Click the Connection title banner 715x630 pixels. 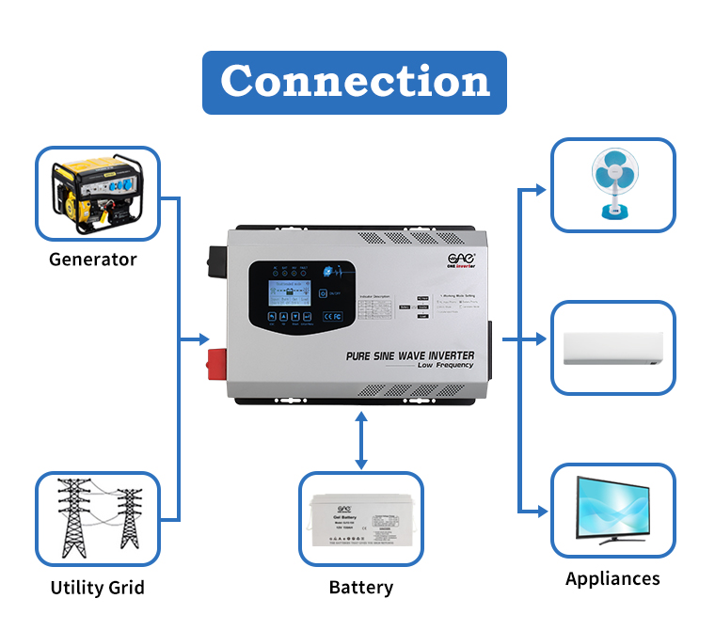tap(355, 82)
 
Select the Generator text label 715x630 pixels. tap(93, 260)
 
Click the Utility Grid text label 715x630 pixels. tap(97, 588)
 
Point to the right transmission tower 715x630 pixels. tap(128, 522)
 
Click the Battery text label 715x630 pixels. tap(360, 588)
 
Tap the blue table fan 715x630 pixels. tap(613, 185)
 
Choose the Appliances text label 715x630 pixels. tap(612, 578)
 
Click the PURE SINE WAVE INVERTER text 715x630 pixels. tap(410, 356)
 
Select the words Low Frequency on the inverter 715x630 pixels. tap(446, 366)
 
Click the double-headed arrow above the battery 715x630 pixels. tap(360, 440)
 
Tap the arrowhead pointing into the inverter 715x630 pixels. tap(203, 339)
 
